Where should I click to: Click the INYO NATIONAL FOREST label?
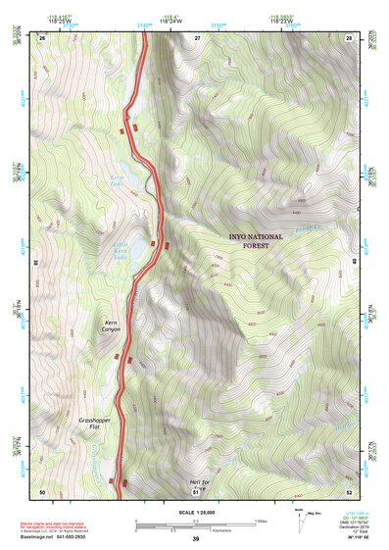click(x=256, y=241)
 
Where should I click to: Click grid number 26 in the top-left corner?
click(x=42, y=36)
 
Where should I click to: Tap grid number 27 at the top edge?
click(x=196, y=36)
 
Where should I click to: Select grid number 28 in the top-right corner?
click(x=349, y=36)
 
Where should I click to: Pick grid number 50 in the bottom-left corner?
click(x=42, y=490)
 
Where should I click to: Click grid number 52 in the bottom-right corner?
click(x=349, y=490)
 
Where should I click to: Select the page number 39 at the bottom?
click(x=195, y=539)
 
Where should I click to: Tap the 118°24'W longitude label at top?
click(x=170, y=19)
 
